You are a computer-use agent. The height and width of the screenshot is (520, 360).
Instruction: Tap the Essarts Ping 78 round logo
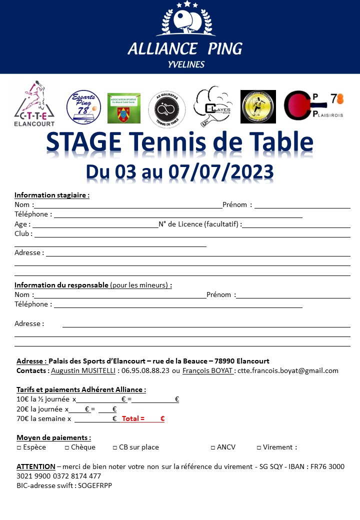[x=84, y=107]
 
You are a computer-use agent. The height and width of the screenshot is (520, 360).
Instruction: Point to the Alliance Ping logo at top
[x=185, y=35]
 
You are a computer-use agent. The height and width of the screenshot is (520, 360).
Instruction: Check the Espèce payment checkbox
[x=19, y=447]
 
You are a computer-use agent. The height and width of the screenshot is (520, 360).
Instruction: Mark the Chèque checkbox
[x=67, y=447]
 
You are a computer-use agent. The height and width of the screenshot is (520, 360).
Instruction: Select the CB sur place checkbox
[x=115, y=447]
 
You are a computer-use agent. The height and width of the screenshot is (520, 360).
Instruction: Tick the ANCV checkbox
[x=213, y=447]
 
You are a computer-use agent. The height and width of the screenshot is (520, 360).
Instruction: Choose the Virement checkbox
[x=259, y=447]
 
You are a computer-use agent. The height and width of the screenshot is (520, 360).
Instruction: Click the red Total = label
[x=133, y=419]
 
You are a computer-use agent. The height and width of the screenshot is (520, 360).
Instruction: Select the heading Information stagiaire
[x=52, y=195]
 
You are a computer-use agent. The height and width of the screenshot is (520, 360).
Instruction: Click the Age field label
[x=21, y=224]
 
